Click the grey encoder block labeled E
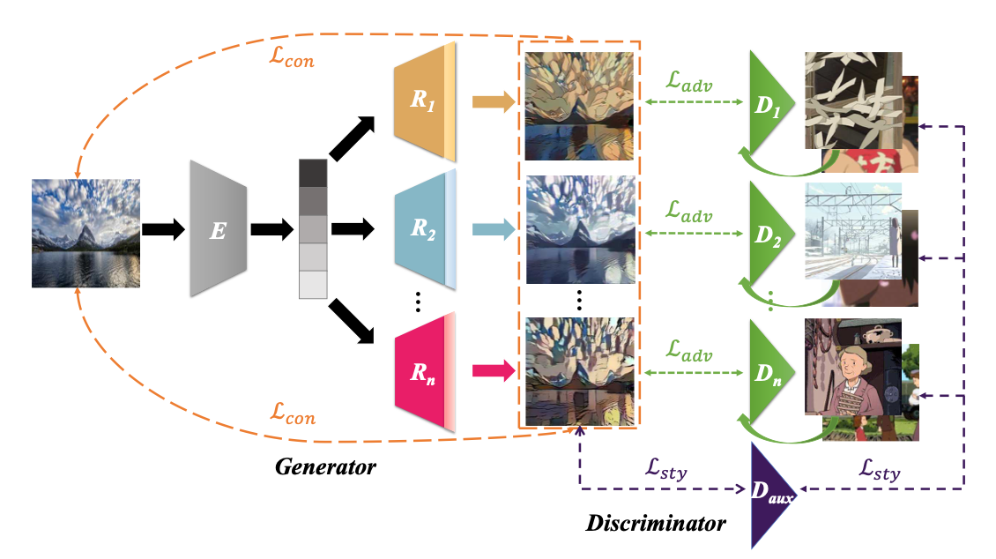click(x=218, y=230)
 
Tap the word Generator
click(x=325, y=466)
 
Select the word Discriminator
click(x=655, y=524)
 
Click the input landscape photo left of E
click(x=85, y=231)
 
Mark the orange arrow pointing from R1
click(x=493, y=102)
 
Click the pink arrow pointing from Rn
click(x=493, y=369)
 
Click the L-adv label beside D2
click(x=689, y=213)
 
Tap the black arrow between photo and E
click(x=163, y=230)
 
